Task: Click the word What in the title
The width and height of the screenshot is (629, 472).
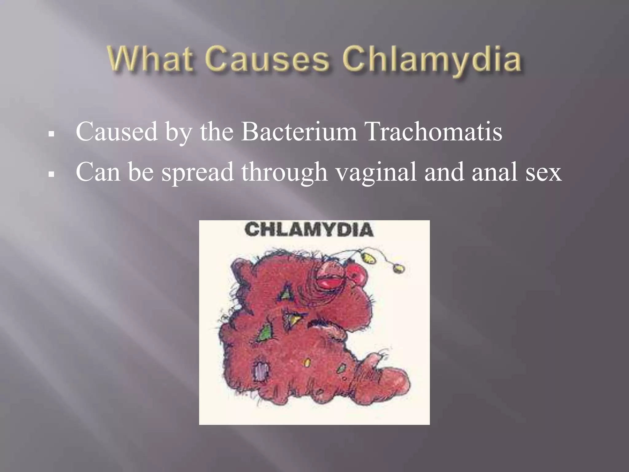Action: point(150,59)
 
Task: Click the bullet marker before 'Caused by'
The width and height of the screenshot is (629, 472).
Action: point(52,134)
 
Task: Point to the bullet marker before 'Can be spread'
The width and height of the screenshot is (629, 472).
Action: point(52,174)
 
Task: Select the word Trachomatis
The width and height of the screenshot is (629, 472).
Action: point(434,132)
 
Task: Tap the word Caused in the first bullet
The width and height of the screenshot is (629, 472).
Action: point(117,132)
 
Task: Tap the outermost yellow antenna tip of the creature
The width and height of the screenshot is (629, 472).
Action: point(399,268)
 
